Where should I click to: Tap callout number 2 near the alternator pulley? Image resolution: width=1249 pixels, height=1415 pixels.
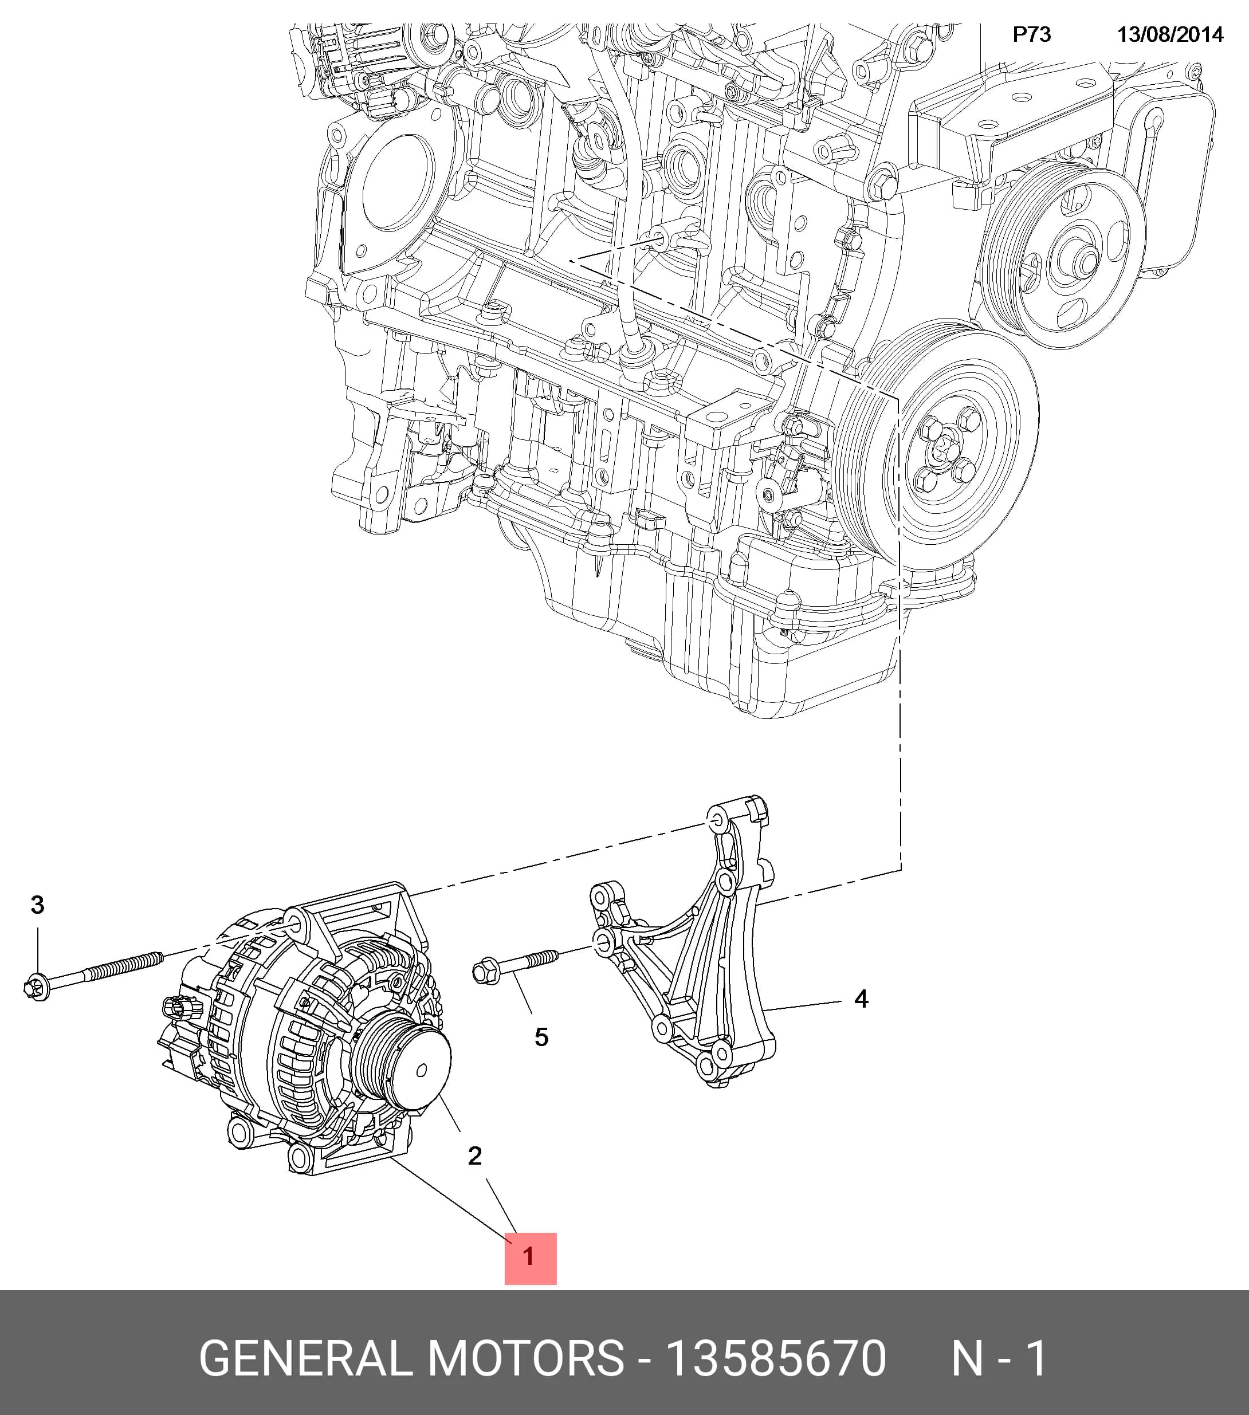[x=474, y=1155]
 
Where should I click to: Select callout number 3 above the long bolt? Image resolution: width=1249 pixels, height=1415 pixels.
[x=37, y=905]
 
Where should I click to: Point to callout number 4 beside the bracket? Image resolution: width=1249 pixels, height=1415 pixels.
[x=861, y=999]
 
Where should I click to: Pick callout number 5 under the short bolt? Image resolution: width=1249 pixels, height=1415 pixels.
[x=541, y=1037]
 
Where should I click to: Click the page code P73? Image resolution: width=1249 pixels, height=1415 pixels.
[x=1032, y=34]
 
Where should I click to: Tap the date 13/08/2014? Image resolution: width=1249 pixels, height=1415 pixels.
[x=1170, y=34]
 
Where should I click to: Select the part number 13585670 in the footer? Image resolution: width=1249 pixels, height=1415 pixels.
[x=775, y=1358]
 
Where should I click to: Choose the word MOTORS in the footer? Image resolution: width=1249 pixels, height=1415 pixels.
[x=526, y=1358]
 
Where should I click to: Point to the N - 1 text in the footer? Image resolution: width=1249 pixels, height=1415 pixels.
[x=999, y=1358]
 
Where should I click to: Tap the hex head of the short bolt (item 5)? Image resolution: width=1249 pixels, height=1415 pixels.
[x=486, y=973]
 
